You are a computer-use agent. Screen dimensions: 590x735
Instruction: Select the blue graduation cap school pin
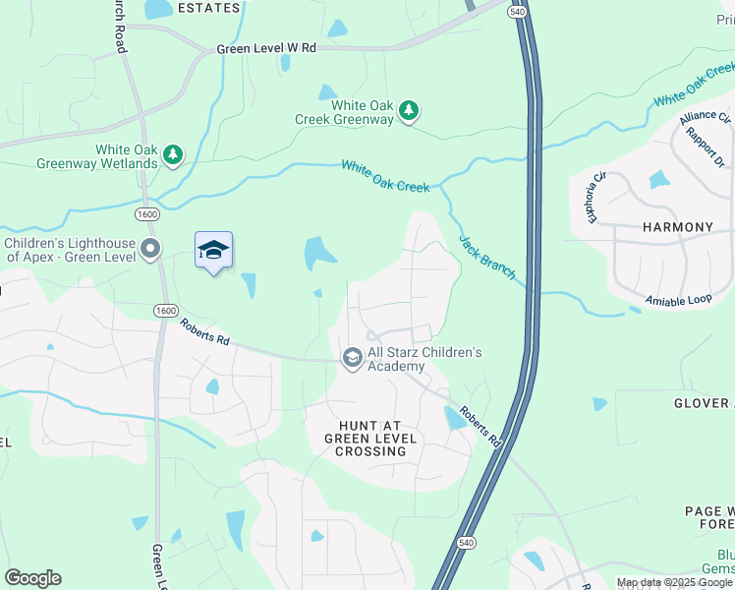pyautogui.click(x=213, y=252)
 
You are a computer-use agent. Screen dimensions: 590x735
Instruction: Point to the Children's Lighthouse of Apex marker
pyautogui.click(x=150, y=249)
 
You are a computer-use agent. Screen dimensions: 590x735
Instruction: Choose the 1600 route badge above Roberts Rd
pyautogui.click(x=165, y=311)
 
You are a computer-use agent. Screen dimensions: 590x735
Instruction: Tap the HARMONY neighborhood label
pyautogui.click(x=678, y=227)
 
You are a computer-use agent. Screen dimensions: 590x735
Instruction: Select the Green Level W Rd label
pyautogui.click(x=266, y=47)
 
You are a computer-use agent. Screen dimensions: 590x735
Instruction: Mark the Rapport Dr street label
pyautogui.click(x=706, y=147)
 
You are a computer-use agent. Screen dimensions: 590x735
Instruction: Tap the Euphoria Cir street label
pyautogui.click(x=598, y=197)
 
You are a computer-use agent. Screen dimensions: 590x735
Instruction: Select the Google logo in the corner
pyautogui.click(x=33, y=578)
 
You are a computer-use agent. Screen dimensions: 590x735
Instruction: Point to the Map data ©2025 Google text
pyautogui.click(x=674, y=582)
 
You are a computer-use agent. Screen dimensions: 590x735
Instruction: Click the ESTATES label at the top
pyautogui.click(x=208, y=8)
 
